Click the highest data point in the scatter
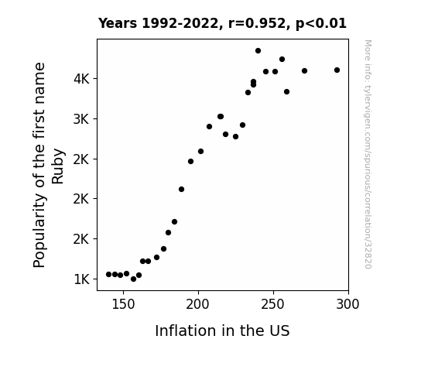pos(258,51)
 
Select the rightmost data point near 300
pos(337,70)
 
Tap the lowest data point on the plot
pos(133,279)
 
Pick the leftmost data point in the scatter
pos(108,274)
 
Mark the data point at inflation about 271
pos(304,70)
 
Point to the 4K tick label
pos(81,79)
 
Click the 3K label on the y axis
pos(81,119)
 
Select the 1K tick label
pos(81,279)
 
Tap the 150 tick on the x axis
pos(123,304)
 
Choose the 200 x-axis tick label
pos(198,304)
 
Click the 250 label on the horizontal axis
pos(272,304)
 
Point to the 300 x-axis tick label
pos(347,304)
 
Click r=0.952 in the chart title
pos(257,23)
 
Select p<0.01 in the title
pos(321,24)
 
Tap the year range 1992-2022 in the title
pos(180,23)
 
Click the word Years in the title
pos(118,23)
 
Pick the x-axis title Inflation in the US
pos(222,330)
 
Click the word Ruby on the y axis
pos(57,166)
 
